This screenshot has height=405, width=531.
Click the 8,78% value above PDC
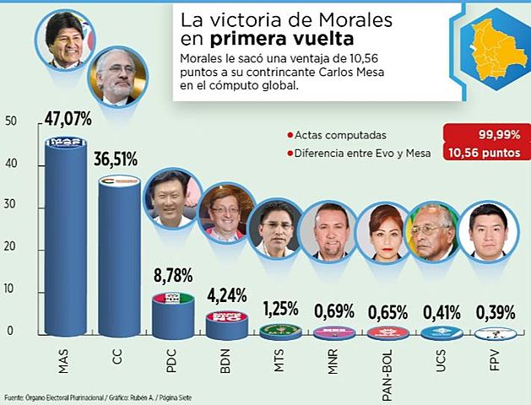(173, 275)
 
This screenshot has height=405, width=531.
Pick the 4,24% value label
(226, 295)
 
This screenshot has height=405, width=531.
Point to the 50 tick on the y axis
(10, 121)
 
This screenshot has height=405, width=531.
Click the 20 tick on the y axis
(10, 248)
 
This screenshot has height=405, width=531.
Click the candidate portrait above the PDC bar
(172, 197)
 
